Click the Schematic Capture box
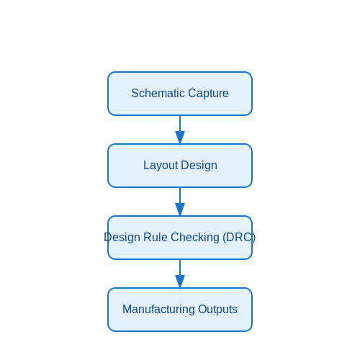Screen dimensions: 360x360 [180, 94]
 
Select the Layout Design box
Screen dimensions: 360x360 [180, 166]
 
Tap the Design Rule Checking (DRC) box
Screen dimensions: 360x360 [180, 238]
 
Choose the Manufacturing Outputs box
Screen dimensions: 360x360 [180, 310]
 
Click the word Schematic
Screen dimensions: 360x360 [158, 93]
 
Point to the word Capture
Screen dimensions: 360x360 [208, 94]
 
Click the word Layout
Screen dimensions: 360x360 [161, 166]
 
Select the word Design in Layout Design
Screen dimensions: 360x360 [199, 166]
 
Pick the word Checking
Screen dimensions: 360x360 [195, 238]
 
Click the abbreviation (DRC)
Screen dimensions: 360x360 [239, 238]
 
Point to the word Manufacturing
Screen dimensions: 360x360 [158, 309]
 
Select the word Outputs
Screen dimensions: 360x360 [217, 310]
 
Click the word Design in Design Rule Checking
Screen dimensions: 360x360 [122, 238]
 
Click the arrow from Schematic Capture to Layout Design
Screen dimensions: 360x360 [180, 130]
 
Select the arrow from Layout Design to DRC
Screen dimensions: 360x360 [180, 202]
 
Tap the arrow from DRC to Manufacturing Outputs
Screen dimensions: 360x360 [180, 274]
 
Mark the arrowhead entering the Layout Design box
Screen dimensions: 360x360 [180, 138]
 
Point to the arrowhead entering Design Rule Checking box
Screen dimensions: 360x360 [180, 210]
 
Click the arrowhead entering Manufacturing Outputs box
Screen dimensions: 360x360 [180, 282]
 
